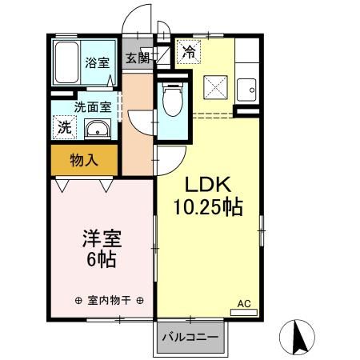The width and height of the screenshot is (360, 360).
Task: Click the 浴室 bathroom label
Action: pos(98,62)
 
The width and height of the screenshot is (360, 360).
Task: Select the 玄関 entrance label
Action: pos(138,58)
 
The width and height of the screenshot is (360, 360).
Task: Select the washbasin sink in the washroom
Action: pos(98,128)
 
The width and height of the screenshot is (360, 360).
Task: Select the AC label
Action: pos(244,304)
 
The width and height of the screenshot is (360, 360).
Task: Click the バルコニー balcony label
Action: pos(190,337)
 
